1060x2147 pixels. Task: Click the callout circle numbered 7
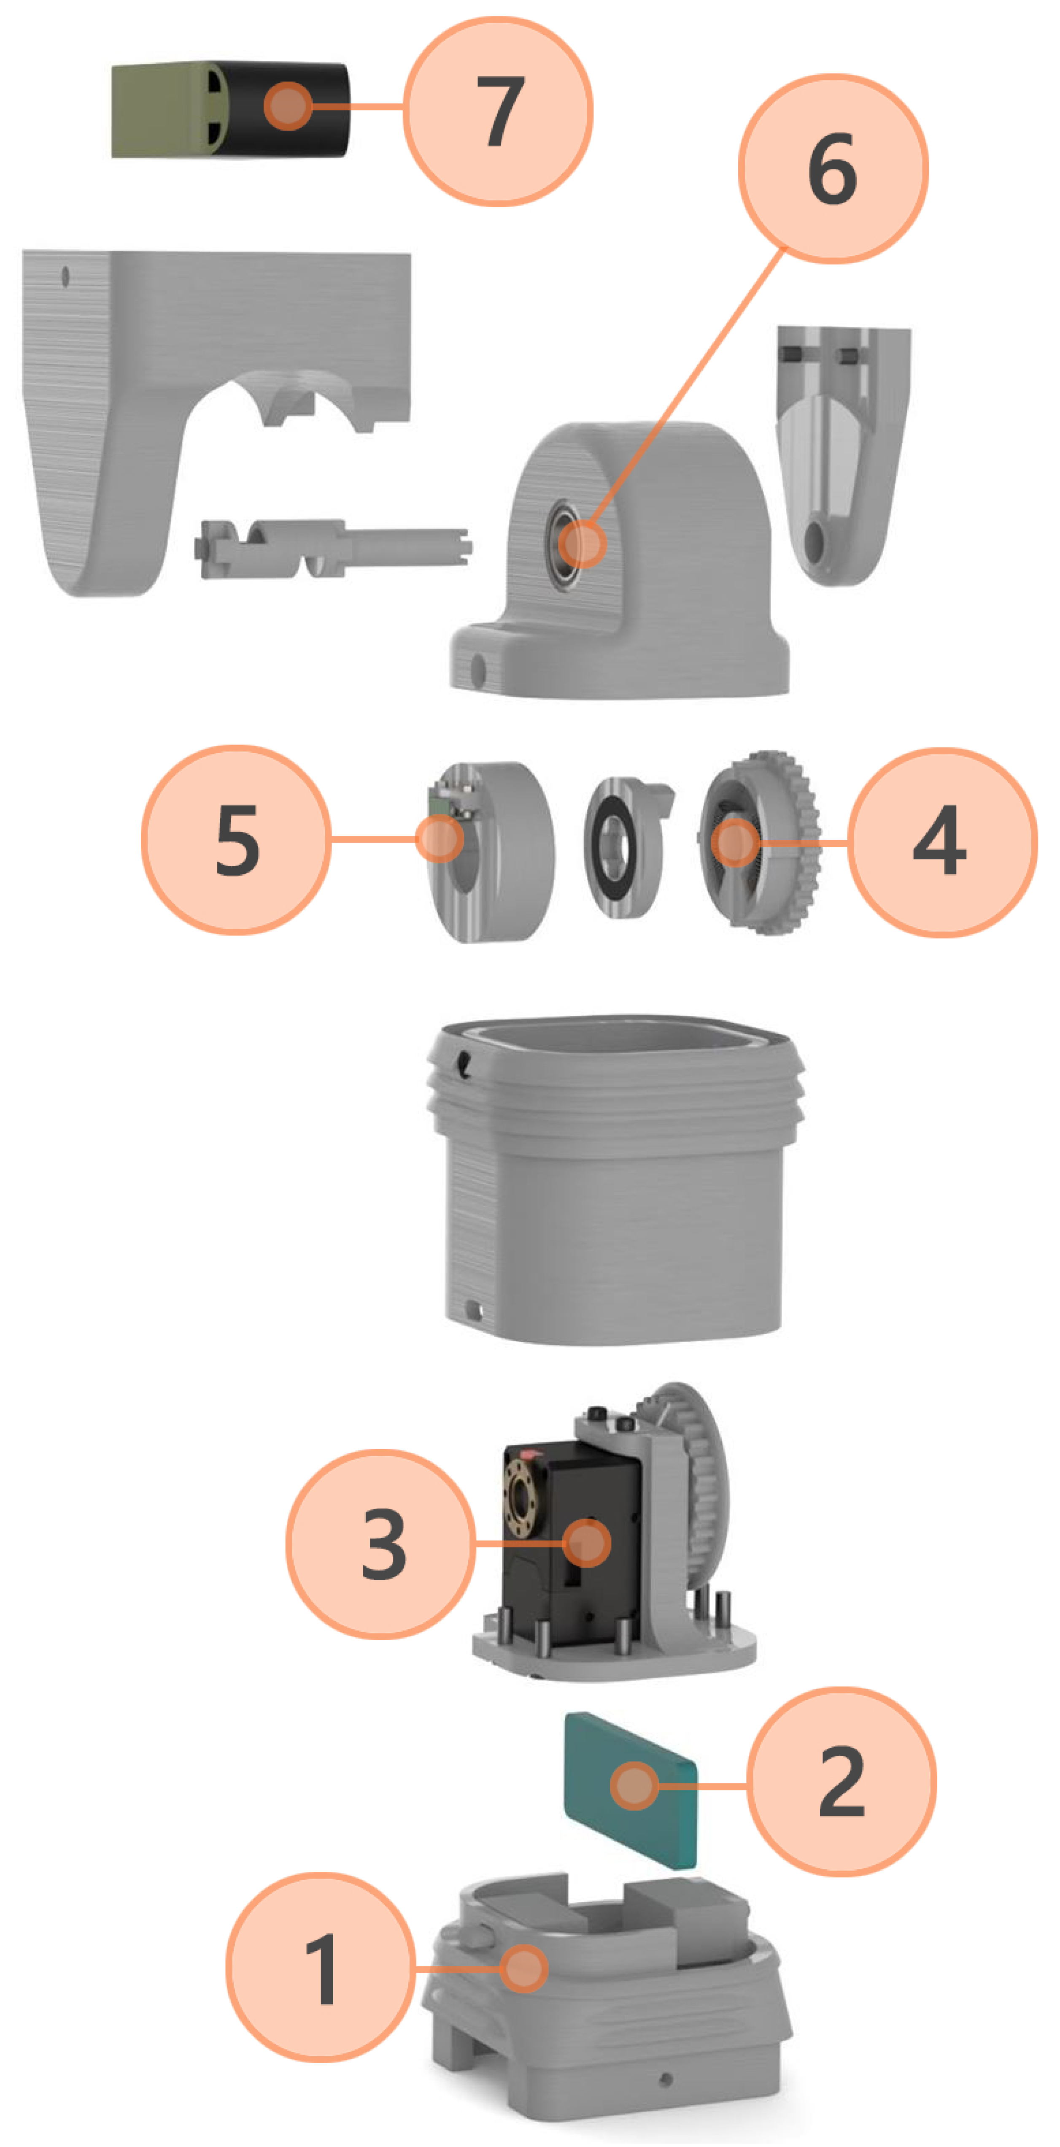click(x=498, y=111)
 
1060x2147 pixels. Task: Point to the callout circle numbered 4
click(x=941, y=842)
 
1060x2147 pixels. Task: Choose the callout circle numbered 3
click(x=382, y=1544)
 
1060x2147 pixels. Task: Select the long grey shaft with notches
click(x=333, y=548)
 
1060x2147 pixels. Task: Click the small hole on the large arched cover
click(x=65, y=276)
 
